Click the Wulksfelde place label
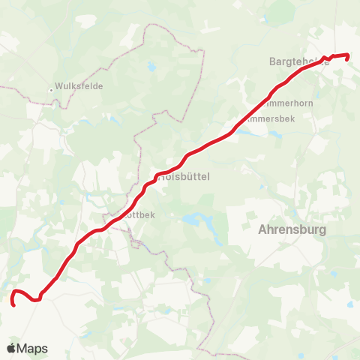tap(79, 86)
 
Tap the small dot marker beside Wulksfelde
tap(52, 89)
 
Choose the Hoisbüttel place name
tap(184, 176)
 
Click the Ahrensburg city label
tap(292, 229)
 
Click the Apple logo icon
tap(11, 348)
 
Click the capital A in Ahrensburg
tap(262, 229)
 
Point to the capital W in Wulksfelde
tap(60, 86)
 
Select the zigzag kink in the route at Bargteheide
tap(329, 58)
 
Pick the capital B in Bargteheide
tap(272, 62)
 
